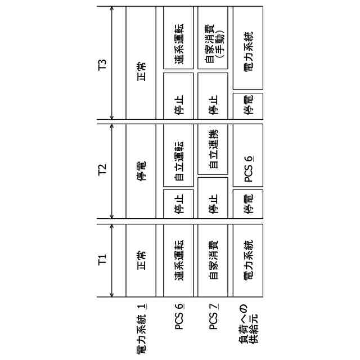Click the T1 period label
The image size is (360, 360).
pyautogui.click(x=102, y=260)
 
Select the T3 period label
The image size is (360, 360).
pyautogui.click(x=102, y=63)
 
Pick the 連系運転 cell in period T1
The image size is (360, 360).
pyautogui.click(x=179, y=260)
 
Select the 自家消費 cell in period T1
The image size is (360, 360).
pyautogui.click(x=213, y=260)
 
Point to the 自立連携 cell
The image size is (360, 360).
pyautogui.click(x=213, y=150)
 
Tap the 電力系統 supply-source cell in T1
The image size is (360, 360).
pyautogui.click(x=248, y=260)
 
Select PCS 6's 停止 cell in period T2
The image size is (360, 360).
pyautogui.click(x=179, y=204)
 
